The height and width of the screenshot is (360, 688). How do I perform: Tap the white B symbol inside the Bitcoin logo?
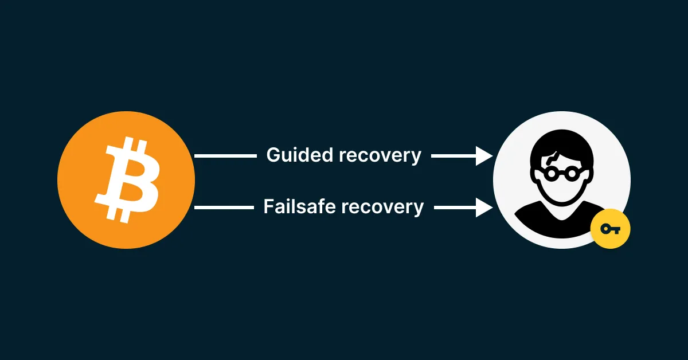[127, 179]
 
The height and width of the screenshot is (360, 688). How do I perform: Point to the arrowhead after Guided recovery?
[484, 155]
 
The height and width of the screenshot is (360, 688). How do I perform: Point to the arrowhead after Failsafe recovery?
[484, 207]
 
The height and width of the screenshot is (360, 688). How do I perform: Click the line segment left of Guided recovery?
[226, 155]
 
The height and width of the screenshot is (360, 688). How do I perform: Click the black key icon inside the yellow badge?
[610, 229]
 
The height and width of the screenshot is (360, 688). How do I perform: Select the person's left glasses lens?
[550, 173]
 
